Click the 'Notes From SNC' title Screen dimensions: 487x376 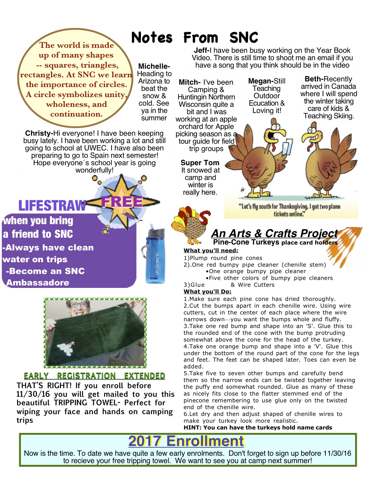(194, 38)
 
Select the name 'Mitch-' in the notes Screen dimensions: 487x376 (190, 82)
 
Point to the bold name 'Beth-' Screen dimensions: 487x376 (314, 79)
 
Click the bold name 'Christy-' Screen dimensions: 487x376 (39, 133)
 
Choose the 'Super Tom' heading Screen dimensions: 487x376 (200, 163)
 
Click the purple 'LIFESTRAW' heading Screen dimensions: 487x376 (52, 205)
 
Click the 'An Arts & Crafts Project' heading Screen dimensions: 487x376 (274, 233)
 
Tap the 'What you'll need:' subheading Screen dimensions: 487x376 (211, 251)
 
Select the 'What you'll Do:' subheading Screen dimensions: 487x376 (207, 291)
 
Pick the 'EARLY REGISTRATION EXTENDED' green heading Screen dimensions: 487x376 (94, 376)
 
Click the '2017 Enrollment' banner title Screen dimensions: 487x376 (186, 441)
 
